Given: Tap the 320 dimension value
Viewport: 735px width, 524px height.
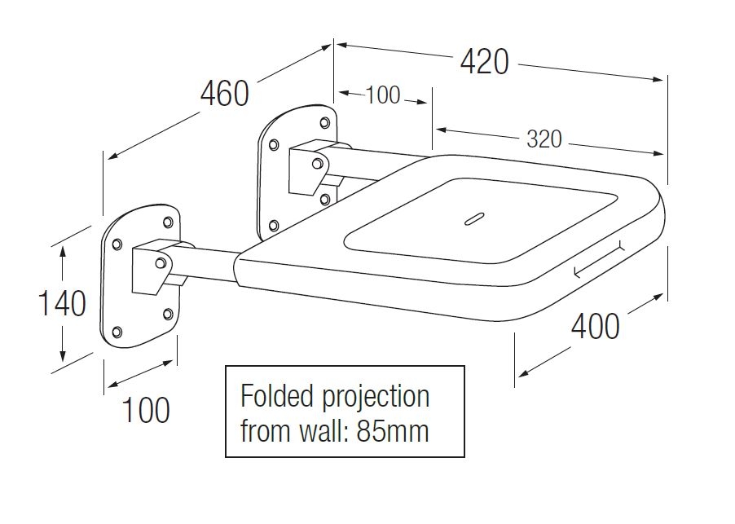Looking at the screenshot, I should pos(544,139).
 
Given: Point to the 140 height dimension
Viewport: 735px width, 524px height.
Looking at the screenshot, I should pos(63,303).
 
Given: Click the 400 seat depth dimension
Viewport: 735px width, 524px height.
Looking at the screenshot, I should pos(595,327).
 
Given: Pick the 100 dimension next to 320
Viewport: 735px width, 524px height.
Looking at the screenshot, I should pos(382,95).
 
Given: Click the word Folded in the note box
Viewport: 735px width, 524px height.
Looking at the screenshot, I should pos(276,397).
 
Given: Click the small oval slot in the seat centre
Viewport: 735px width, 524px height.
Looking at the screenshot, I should pos(473,218).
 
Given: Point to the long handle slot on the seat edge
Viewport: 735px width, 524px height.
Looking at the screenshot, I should pos(599,259).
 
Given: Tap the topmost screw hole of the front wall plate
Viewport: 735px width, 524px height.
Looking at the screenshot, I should pos(168,222).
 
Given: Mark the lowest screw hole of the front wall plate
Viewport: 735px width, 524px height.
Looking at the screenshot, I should pos(117,331).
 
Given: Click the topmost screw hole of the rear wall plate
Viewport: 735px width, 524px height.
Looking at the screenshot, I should pos(324,123).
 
